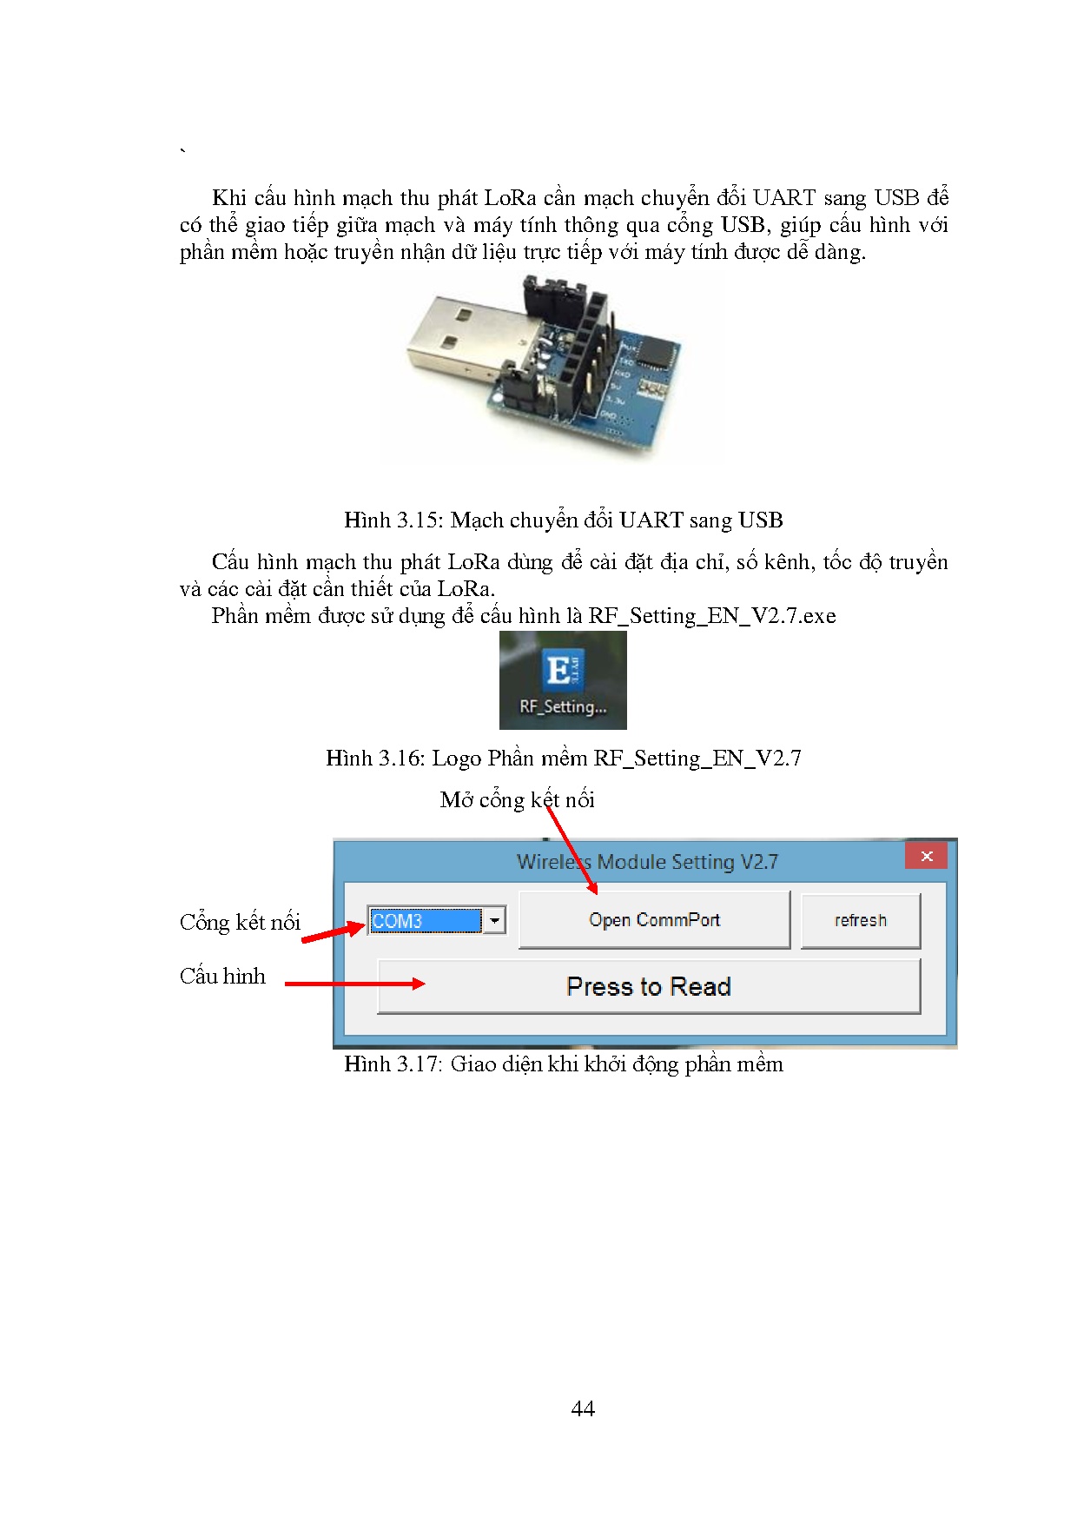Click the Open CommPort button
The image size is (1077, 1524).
(654, 920)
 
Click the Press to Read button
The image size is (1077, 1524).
(649, 987)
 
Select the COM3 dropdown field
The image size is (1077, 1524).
(425, 921)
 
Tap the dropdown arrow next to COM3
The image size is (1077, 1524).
(494, 921)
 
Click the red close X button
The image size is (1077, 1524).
(926, 856)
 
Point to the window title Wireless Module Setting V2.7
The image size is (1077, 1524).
(647, 862)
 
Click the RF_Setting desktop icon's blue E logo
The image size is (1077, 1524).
(562, 672)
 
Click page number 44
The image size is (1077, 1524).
(583, 1408)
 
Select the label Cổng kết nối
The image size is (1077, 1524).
(240, 923)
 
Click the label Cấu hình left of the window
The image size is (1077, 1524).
(222, 977)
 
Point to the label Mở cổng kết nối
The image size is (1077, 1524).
(517, 800)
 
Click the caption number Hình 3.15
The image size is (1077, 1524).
(393, 520)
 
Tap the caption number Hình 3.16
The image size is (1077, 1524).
(374, 759)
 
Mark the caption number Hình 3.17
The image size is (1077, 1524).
(393, 1064)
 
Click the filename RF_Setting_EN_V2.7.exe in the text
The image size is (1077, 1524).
(712, 616)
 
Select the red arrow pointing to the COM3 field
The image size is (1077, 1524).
(333, 932)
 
